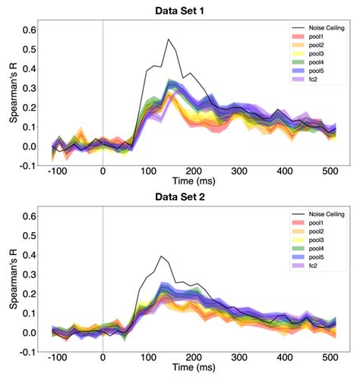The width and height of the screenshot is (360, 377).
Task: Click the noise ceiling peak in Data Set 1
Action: (169, 39)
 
